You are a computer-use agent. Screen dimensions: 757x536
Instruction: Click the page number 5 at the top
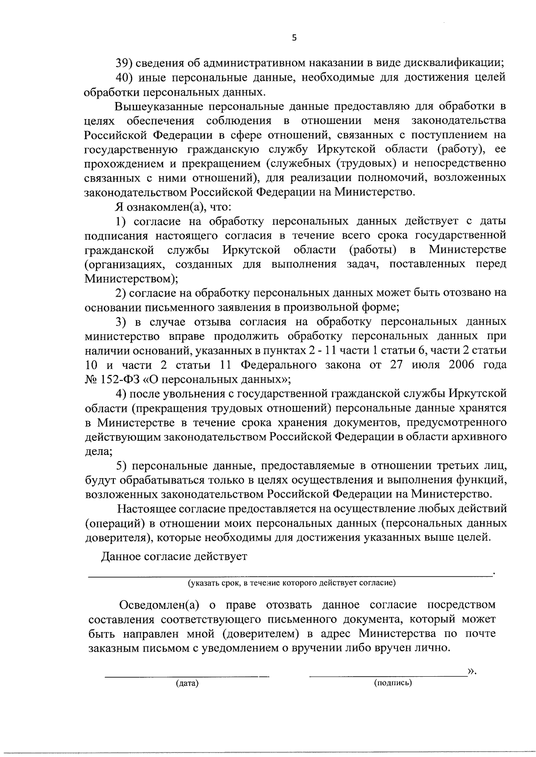pyautogui.click(x=293, y=38)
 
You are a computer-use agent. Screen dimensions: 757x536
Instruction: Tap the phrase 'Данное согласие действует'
pyautogui.click(x=174, y=557)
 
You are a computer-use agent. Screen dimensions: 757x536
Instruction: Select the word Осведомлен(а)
pyautogui.click(x=159, y=605)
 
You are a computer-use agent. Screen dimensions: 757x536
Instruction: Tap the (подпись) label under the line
pyautogui.click(x=393, y=683)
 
